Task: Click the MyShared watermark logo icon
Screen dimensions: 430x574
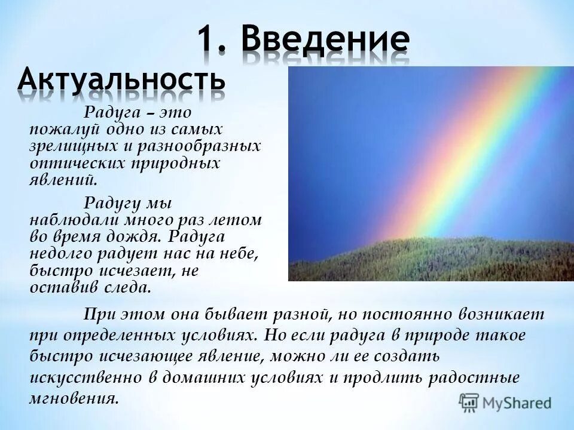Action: (469, 402)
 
